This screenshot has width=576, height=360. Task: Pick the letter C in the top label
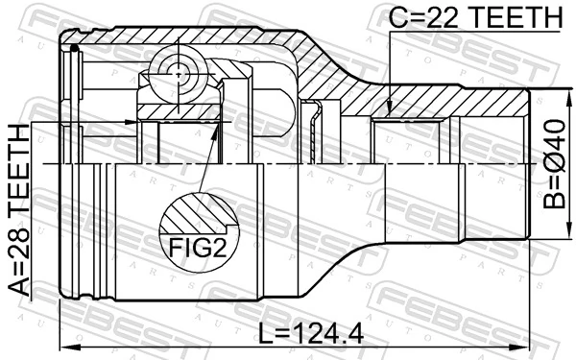pyautogui.click(x=397, y=16)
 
